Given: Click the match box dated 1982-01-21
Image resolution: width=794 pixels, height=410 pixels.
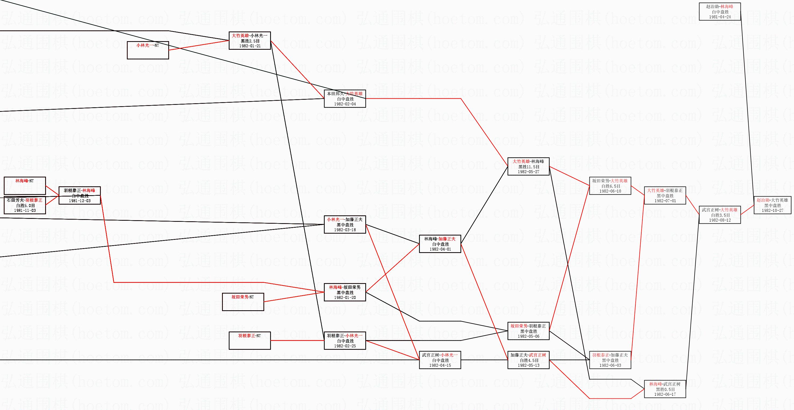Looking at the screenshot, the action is (250, 41).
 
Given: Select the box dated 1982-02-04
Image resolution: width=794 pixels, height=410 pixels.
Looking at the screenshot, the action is (345, 99).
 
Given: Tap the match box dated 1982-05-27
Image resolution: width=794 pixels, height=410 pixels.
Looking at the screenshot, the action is (528, 166).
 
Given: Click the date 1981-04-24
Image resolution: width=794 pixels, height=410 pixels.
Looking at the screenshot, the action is (720, 17).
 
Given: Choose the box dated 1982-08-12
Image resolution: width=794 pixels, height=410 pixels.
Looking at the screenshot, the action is (720, 215).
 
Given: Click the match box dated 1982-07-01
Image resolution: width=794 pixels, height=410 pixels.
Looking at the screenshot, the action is (665, 195).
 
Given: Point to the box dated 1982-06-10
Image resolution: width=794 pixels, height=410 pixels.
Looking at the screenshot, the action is (610, 186).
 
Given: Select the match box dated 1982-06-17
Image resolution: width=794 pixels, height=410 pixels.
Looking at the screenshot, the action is (665, 389).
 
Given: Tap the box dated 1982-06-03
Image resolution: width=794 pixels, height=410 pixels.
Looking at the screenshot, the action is (610, 360).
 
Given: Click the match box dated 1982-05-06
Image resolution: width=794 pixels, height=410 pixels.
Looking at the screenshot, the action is (528, 331).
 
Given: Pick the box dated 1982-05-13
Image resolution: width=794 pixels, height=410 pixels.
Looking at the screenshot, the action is (528, 360).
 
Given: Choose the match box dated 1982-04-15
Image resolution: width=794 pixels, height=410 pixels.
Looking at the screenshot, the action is (440, 360).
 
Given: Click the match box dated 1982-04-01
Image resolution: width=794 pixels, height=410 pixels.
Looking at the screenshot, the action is (440, 244).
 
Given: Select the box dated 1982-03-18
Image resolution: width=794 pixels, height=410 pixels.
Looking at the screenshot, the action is (345, 224).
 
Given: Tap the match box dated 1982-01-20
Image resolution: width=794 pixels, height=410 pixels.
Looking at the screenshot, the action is (345, 292).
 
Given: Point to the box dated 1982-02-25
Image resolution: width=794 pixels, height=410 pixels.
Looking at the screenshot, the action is (345, 341).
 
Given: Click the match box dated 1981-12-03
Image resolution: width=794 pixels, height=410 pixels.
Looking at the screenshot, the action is (80, 195).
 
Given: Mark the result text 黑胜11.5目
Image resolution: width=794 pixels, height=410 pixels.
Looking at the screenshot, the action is (529, 167).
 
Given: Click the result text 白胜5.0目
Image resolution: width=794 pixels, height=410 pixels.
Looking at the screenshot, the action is (25, 205).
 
